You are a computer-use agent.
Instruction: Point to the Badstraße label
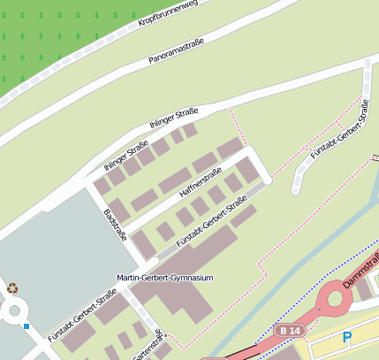pyautogui.click(x=116, y=224)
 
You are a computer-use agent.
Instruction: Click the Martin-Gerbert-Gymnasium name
pyautogui.click(x=165, y=278)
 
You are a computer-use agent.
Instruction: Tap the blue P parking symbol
pyautogui.click(x=347, y=337)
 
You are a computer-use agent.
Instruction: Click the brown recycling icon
pyautogui.click(x=12, y=287)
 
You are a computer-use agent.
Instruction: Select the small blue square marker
pyautogui.click(x=27, y=326)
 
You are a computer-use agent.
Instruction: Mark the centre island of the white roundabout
pyautogui.click(x=13, y=310)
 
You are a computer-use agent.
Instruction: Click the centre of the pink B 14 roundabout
pyautogui.click(x=337, y=299)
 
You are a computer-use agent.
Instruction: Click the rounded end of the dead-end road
pyautogui.click(x=298, y=188)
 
